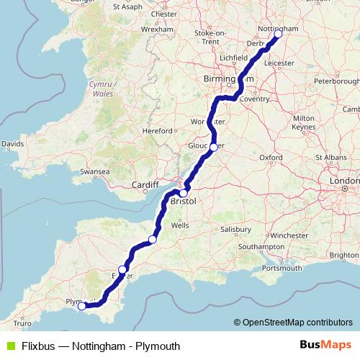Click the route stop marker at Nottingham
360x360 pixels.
coord(278,34)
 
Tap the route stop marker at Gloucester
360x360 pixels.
coord(213,146)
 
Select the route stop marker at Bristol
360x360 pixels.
coord(184,194)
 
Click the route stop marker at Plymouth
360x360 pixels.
coord(82,306)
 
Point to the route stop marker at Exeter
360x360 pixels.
coord(123,270)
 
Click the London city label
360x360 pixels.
coord(342,180)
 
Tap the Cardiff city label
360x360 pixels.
coord(144,185)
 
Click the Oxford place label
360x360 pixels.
coord(271,156)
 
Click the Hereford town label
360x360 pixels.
coord(158,131)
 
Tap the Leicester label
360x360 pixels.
coord(280,63)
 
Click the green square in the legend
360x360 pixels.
coord(9,346)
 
